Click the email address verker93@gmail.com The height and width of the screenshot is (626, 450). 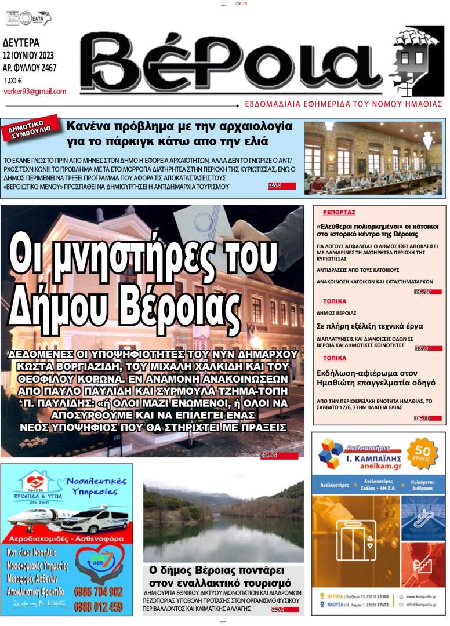[34, 92]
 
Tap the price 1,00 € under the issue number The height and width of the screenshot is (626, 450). [13, 81]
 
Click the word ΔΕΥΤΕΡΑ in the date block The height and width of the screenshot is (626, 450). [21, 43]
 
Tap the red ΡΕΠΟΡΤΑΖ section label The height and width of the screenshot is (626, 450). [339, 213]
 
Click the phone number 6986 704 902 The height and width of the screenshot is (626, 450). [99, 592]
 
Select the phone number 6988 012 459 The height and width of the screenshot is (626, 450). [99, 607]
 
